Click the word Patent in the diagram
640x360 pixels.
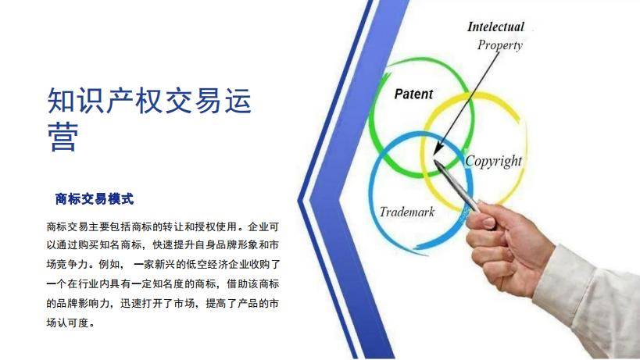click(413, 94)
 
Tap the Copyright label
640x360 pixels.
click(493, 162)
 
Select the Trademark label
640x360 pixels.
click(406, 212)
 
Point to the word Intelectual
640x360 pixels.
click(495, 27)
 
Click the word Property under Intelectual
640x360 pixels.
click(500, 45)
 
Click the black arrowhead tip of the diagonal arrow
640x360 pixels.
click(434, 154)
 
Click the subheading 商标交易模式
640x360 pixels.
click(95, 199)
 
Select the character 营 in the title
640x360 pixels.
click(63, 136)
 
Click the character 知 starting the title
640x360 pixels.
click(62, 100)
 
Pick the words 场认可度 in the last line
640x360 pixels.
click(67, 323)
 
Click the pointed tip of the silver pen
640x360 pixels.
click(434, 161)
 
